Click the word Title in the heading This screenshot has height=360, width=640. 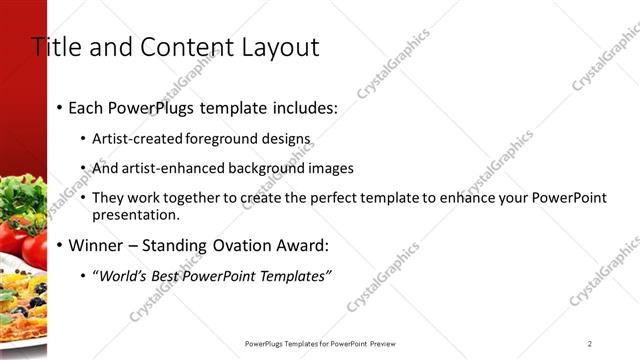[x=54, y=46]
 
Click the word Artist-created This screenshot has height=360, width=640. [x=138, y=139]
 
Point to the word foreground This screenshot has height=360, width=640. [x=235, y=139]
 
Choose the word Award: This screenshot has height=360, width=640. [x=299, y=245]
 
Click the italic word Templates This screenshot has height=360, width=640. [x=293, y=276]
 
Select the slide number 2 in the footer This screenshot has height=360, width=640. [x=590, y=344]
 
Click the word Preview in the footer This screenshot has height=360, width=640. [x=394, y=344]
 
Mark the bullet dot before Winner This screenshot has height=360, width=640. [x=60, y=245]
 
